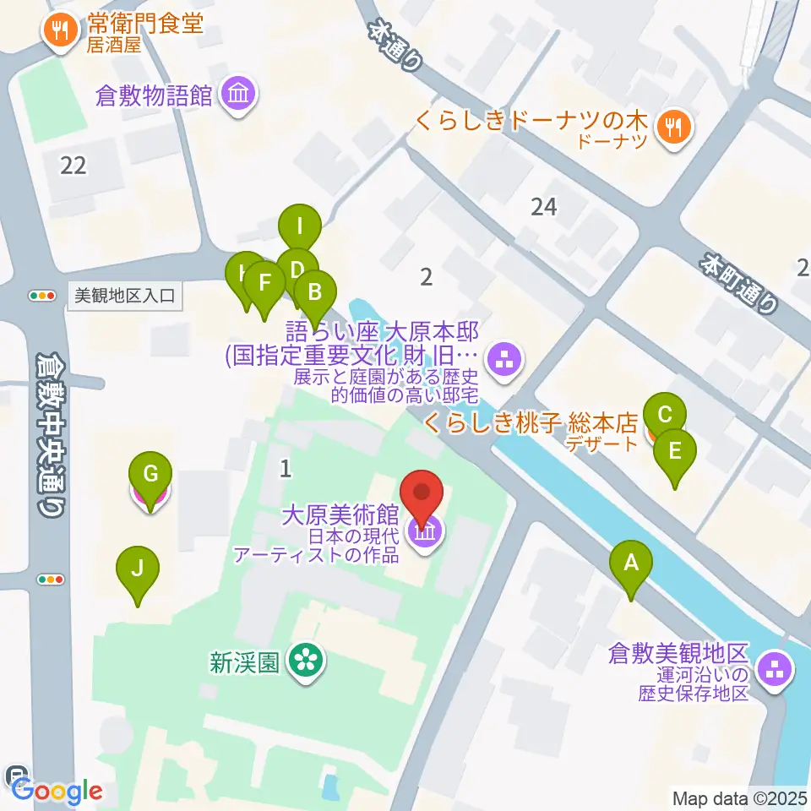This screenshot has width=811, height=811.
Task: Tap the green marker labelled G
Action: (150, 474)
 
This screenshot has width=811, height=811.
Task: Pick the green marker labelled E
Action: (674, 451)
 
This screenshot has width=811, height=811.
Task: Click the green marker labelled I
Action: (299, 226)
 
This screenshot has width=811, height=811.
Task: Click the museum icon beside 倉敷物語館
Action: (237, 94)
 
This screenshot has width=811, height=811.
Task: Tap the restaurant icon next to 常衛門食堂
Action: (58, 30)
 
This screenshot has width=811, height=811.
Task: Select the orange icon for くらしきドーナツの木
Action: (674, 128)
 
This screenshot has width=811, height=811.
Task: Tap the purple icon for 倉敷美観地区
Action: (773, 672)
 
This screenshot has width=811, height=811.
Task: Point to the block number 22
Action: (73, 165)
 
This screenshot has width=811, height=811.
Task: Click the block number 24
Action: (544, 205)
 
